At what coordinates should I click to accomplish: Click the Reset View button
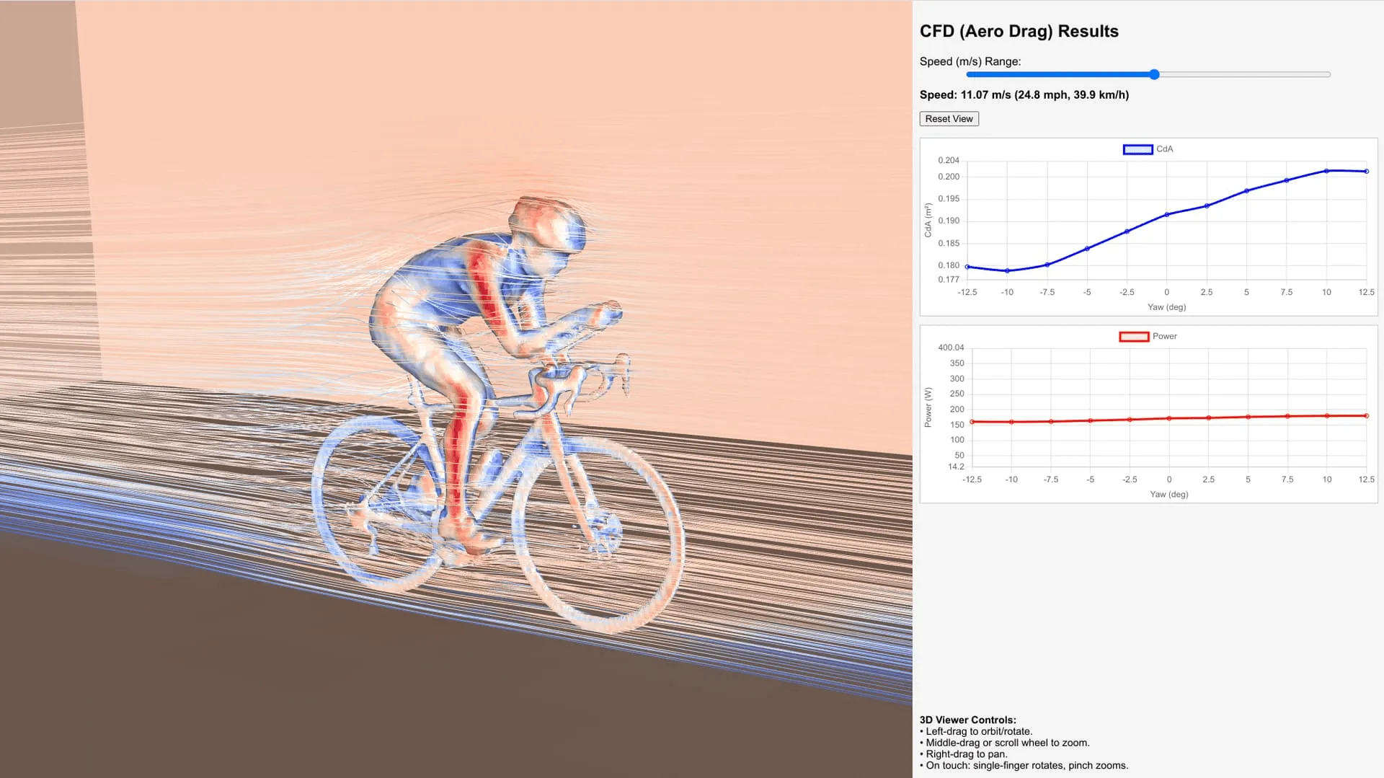[949, 119]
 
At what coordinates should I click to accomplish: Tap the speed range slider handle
[1154, 74]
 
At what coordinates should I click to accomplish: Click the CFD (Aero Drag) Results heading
[1019, 31]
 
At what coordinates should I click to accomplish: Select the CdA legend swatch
[1137, 149]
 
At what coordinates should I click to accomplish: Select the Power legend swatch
[1133, 337]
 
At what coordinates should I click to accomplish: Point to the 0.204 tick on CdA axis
[948, 160]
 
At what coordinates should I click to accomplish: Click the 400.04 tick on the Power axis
[950, 348]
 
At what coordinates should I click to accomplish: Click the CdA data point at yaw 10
[1326, 171]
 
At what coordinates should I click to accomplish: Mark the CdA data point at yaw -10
[1007, 270]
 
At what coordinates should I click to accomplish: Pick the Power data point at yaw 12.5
[1366, 416]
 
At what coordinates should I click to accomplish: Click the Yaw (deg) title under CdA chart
[1166, 307]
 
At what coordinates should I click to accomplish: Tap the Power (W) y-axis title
[928, 407]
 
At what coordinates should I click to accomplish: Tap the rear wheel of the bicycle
[375, 498]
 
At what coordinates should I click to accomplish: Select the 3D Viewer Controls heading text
[967, 720]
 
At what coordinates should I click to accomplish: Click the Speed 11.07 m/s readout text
[1024, 95]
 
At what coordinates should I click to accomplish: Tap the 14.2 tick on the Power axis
[955, 467]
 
